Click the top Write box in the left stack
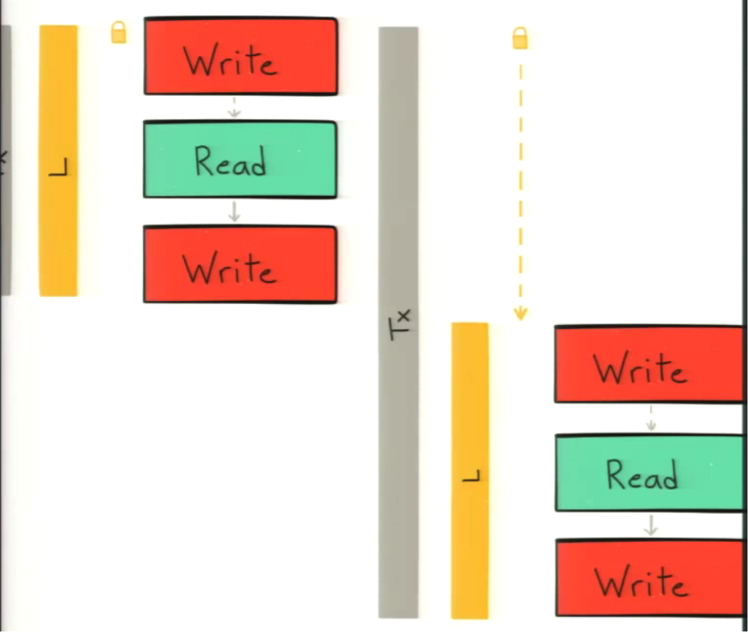(241, 56)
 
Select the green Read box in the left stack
(240, 159)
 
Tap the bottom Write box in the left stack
(240, 265)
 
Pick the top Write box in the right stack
(650, 364)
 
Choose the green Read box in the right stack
(650, 473)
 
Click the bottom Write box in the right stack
(650, 578)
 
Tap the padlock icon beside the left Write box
(119, 32)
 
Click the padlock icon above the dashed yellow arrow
(520, 38)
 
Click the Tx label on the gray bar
(400, 324)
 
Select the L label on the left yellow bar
(59, 167)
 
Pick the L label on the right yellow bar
(472, 475)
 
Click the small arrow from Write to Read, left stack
(234, 107)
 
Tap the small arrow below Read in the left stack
(234, 211)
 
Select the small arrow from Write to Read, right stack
(652, 418)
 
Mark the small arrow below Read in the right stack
(652, 525)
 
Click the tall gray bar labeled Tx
(398, 323)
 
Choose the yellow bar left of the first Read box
(58, 161)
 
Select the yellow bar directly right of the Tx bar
(470, 470)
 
